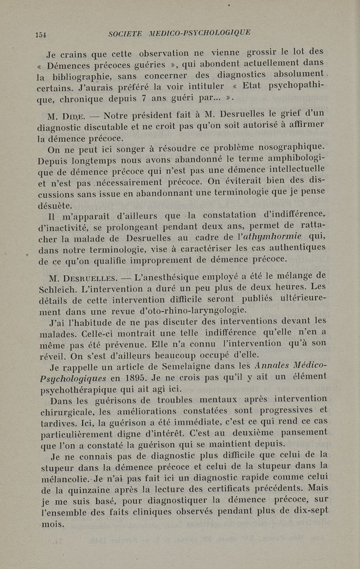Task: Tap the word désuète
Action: [x=55, y=206]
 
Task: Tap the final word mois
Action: [x=52, y=524]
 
